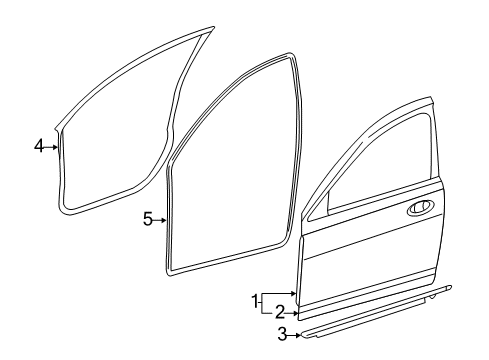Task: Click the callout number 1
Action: (x=255, y=298)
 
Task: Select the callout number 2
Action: (x=281, y=311)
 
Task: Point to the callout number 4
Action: (x=39, y=146)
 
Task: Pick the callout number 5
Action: (x=147, y=219)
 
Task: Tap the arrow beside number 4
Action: (x=53, y=146)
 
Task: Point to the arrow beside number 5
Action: (x=160, y=219)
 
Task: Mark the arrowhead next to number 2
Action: (x=296, y=311)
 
